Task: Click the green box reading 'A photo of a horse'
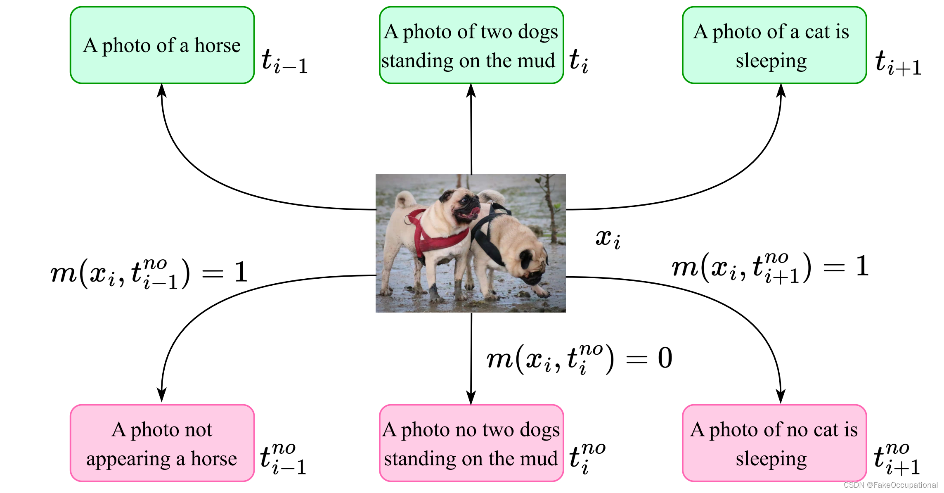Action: (162, 45)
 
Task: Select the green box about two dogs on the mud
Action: (471, 45)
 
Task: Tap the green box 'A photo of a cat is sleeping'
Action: (774, 45)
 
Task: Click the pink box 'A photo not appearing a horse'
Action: (162, 443)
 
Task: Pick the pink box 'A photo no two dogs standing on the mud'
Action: (471, 443)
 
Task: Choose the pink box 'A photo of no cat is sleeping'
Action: (774, 443)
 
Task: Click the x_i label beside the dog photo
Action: (608, 239)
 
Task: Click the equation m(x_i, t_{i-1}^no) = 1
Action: (149, 273)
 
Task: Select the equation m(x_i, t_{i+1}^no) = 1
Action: (770, 268)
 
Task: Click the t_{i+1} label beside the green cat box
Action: (898, 63)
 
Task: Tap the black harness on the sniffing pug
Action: (487, 239)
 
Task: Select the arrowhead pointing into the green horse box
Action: (162, 90)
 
